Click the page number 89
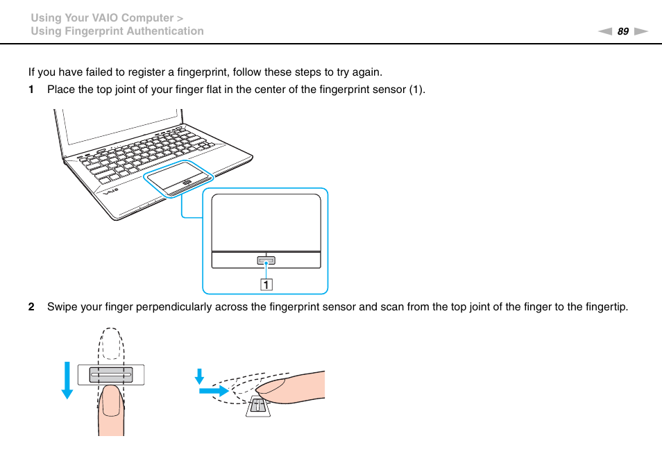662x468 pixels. (622, 31)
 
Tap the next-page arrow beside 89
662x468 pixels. (640, 31)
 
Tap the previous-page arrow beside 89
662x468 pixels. (605, 31)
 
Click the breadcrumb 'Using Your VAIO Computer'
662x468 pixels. (101, 17)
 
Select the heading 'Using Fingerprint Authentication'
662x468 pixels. (117, 31)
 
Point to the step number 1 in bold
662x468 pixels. (31, 90)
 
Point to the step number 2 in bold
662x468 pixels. (31, 307)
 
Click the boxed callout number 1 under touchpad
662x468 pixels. (266, 284)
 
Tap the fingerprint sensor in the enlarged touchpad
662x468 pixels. (266, 260)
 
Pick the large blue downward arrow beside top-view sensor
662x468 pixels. (67, 379)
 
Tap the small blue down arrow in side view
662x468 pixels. (200, 376)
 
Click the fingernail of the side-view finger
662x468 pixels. (274, 383)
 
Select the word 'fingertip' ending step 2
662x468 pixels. (604, 307)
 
